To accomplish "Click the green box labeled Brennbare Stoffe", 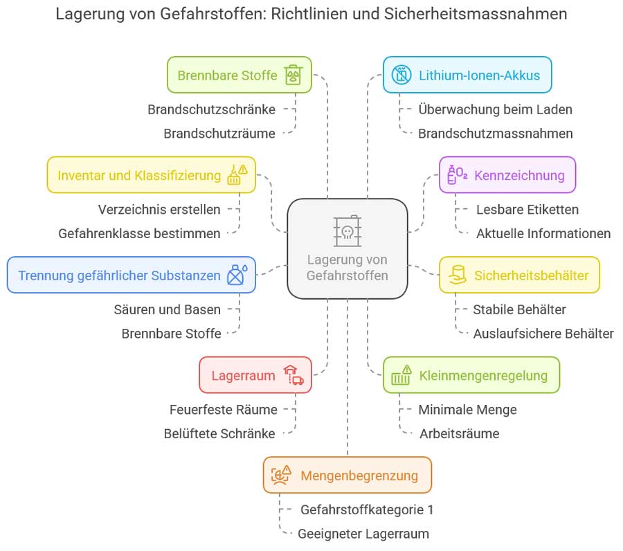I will coord(239,75).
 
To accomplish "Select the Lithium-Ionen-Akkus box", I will coord(467,75).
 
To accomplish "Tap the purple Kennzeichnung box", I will coord(507,174).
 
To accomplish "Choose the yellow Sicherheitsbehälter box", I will coord(519,275).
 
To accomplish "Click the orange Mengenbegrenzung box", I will coord(347,475).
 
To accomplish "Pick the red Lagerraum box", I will coord(255,375).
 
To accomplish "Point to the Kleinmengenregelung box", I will coord(471,375).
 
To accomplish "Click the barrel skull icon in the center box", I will coord(347,229).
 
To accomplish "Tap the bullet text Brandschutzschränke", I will coord(211,109).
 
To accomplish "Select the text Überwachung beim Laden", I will coord(495,109).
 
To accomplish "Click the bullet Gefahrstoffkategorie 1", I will coord(367,510).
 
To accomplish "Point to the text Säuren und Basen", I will coord(167,309).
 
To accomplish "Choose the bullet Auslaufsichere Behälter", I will coord(543,334).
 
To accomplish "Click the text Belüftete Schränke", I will coord(219,434).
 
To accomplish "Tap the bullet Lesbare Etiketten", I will coord(527,209).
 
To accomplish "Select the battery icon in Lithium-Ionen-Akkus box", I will coord(401,75).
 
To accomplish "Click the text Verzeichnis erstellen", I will coord(159,209).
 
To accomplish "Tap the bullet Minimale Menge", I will coord(467,410).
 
